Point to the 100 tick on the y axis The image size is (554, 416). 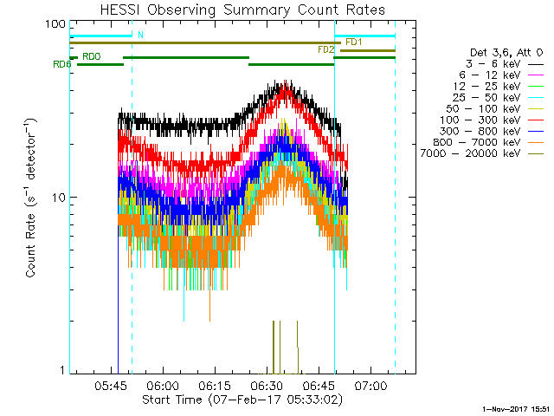pos(56,24)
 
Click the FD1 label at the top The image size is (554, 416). pos(353,42)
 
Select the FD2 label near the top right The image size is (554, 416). pos(325,50)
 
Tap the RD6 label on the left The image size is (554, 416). pos(61,64)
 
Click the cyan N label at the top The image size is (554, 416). pos(140,35)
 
